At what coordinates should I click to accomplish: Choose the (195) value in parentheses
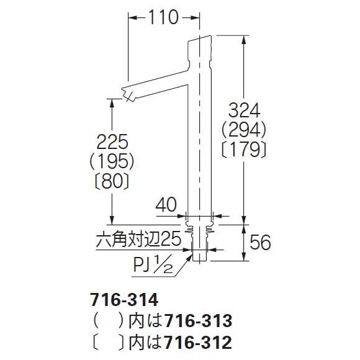click(112, 162)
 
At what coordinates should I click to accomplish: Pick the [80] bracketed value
click(112, 181)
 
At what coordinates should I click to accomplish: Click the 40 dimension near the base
click(167, 204)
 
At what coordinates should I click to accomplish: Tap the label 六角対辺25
click(140, 238)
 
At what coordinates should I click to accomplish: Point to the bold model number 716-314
click(119, 301)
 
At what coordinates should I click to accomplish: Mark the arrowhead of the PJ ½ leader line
click(191, 254)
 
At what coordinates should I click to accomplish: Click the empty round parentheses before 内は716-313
click(106, 321)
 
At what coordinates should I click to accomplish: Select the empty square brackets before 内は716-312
click(106, 341)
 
